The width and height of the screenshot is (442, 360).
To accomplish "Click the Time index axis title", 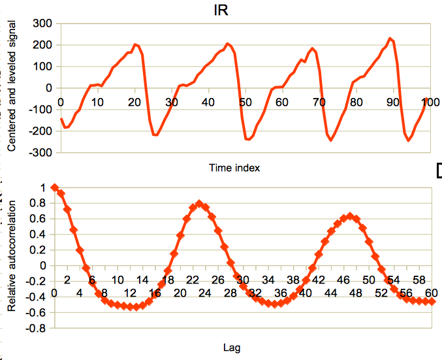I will pos(234,168).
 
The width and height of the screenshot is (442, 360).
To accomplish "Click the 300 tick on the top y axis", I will pos(42,24).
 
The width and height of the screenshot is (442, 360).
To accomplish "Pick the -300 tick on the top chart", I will pos(40,152).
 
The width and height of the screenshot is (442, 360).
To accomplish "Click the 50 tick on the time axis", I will pos(245,103).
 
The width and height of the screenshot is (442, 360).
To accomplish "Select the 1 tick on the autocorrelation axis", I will pos(44,188).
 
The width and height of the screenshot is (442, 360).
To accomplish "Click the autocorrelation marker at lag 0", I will pos(54,188).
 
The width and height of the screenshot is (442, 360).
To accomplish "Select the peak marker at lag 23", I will pos(199,204).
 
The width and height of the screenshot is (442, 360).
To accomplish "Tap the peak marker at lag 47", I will pos(350,216).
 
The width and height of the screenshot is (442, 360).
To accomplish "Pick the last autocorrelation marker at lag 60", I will pos(432,301).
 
